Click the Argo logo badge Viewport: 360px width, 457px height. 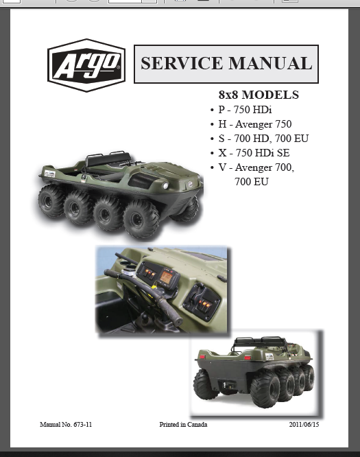click(86, 65)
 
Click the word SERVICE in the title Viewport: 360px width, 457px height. click(182, 63)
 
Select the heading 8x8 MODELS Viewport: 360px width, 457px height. click(259, 95)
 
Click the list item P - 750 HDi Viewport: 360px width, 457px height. click(245, 110)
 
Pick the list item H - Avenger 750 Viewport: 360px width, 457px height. click(255, 124)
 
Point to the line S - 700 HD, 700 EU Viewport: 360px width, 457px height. click(263, 139)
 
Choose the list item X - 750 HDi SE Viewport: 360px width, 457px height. click(254, 153)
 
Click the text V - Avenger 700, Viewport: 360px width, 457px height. click(256, 167)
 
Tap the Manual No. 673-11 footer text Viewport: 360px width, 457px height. click(66, 424)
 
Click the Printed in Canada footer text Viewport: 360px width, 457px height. click(183, 424)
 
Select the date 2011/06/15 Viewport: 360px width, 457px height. click(304, 424)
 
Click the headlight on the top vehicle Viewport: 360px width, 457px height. click(165, 186)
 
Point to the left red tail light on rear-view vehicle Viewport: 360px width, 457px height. click(202, 356)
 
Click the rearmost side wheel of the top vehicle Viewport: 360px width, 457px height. click(50, 201)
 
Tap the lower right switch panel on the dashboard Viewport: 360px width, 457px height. click(202, 303)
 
